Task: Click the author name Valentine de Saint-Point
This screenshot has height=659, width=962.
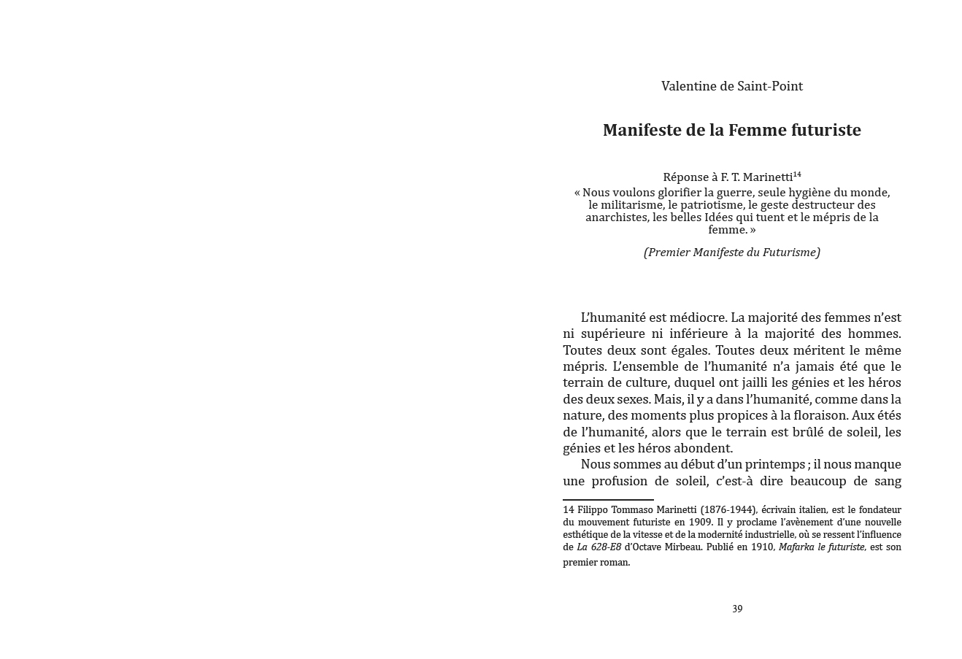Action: point(731,86)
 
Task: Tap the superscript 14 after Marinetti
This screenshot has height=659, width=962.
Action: point(797,174)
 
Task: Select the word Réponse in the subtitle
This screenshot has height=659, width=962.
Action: point(685,177)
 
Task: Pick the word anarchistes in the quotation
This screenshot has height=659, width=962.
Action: point(617,217)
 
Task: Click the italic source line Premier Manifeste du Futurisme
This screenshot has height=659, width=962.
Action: point(731,253)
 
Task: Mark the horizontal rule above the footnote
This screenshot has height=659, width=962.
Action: point(608,500)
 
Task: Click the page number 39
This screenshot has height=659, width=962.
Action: point(737,609)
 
